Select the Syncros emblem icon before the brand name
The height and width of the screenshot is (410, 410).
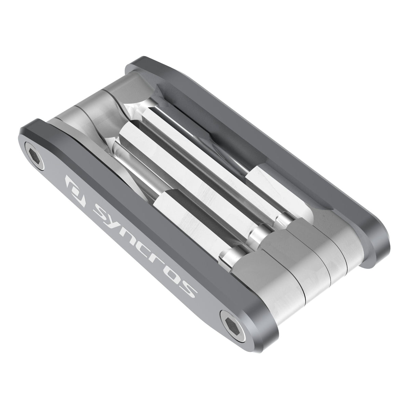click(x=73, y=183)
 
